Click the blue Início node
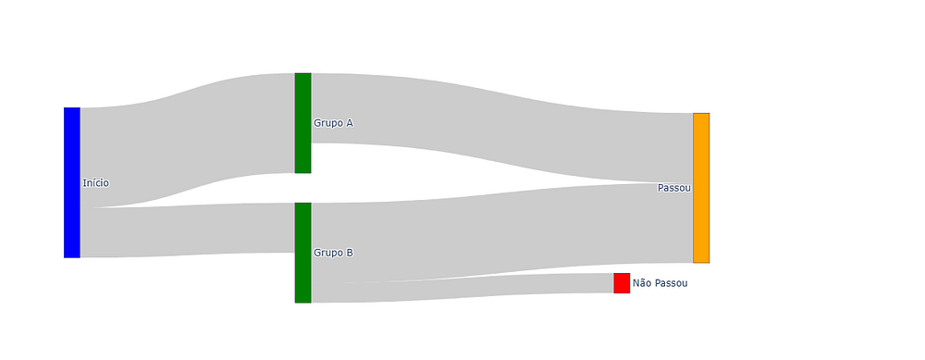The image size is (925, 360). click(x=72, y=182)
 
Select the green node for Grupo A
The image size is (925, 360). click(x=302, y=123)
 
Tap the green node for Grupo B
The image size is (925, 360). click(x=302, y=253)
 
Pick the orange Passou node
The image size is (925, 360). click(x=701, y=188)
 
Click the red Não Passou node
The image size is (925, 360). click(x=622, y=282)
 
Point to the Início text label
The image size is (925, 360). click(x=95, y=183)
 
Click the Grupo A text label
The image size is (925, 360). click(x=333, y=123)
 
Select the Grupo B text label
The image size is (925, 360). click(x=333, y=253)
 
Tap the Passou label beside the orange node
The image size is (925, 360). click(x=674, y=188)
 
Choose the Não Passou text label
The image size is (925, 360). click(x=660, y=283)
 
